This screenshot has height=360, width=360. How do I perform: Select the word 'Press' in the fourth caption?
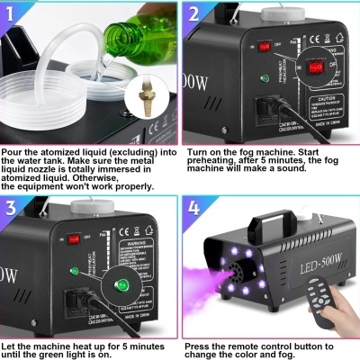(202, 346)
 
